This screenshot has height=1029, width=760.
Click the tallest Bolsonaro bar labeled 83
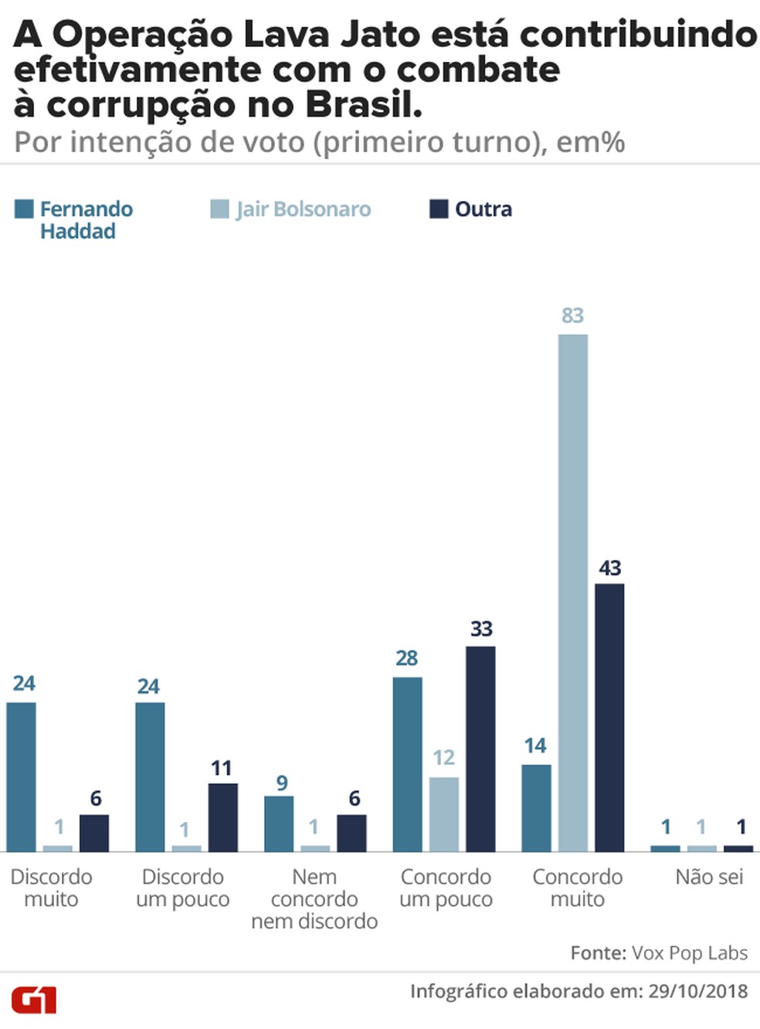tap(572, 593)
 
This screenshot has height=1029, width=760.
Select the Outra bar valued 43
tap(609, 718)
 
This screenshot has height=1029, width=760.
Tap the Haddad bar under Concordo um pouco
tap(407, 764)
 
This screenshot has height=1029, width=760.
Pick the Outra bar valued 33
tap(480, 749)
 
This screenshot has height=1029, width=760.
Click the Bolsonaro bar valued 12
tap(444, 814)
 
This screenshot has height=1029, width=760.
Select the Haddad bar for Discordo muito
tap(21, 776)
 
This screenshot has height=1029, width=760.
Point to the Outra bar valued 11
tap(222, 817)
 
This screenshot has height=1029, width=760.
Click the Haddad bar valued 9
tap(279, 824)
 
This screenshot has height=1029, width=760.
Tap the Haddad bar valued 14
tap(536, 808)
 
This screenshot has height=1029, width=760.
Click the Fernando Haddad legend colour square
tap(24, 209)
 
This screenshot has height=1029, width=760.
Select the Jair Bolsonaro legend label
tap(304, 209)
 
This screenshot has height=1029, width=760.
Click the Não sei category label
tap(709, 877)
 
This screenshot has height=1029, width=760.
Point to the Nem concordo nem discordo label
tap(314, 899)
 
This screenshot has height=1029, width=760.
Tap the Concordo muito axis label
tap(577, 888)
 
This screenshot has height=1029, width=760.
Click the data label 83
tap(572, 315)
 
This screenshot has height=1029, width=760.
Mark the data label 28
tap(406, 658)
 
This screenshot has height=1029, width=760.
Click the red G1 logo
tap(34, 1000)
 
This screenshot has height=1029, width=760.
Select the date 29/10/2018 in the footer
tap(697, 991)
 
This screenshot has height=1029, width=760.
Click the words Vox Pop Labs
tap(690, 953)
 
